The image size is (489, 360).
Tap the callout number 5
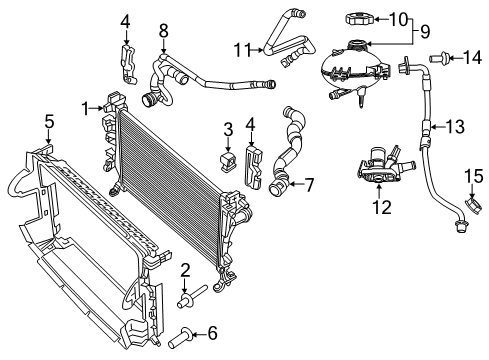click(x=49, y=123)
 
